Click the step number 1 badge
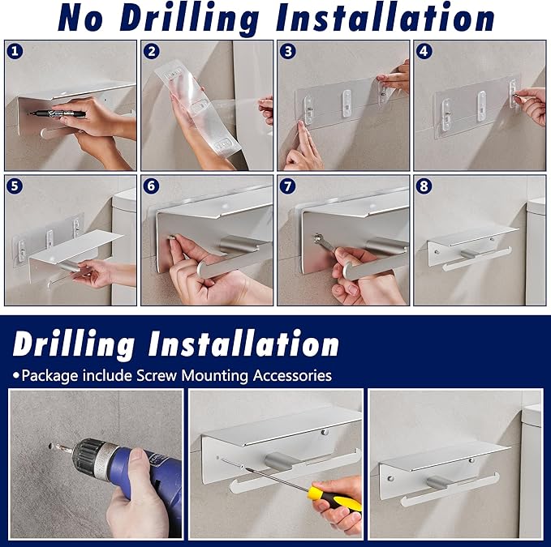coord(15,51)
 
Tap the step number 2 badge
coord(152,51)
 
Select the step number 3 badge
coord(288,51)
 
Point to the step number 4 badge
coord(424,51)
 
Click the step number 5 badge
coord(15,186)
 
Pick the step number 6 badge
coord(152,186)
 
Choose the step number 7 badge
coord(288,186)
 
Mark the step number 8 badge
coord(424,186)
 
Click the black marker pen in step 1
coord(57,113)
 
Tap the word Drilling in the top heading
coord(189,19)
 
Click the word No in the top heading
coord(80,19)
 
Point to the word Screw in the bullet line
coord(157,375)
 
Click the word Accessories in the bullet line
coord(292,375)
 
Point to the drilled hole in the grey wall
coord(51,447)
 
